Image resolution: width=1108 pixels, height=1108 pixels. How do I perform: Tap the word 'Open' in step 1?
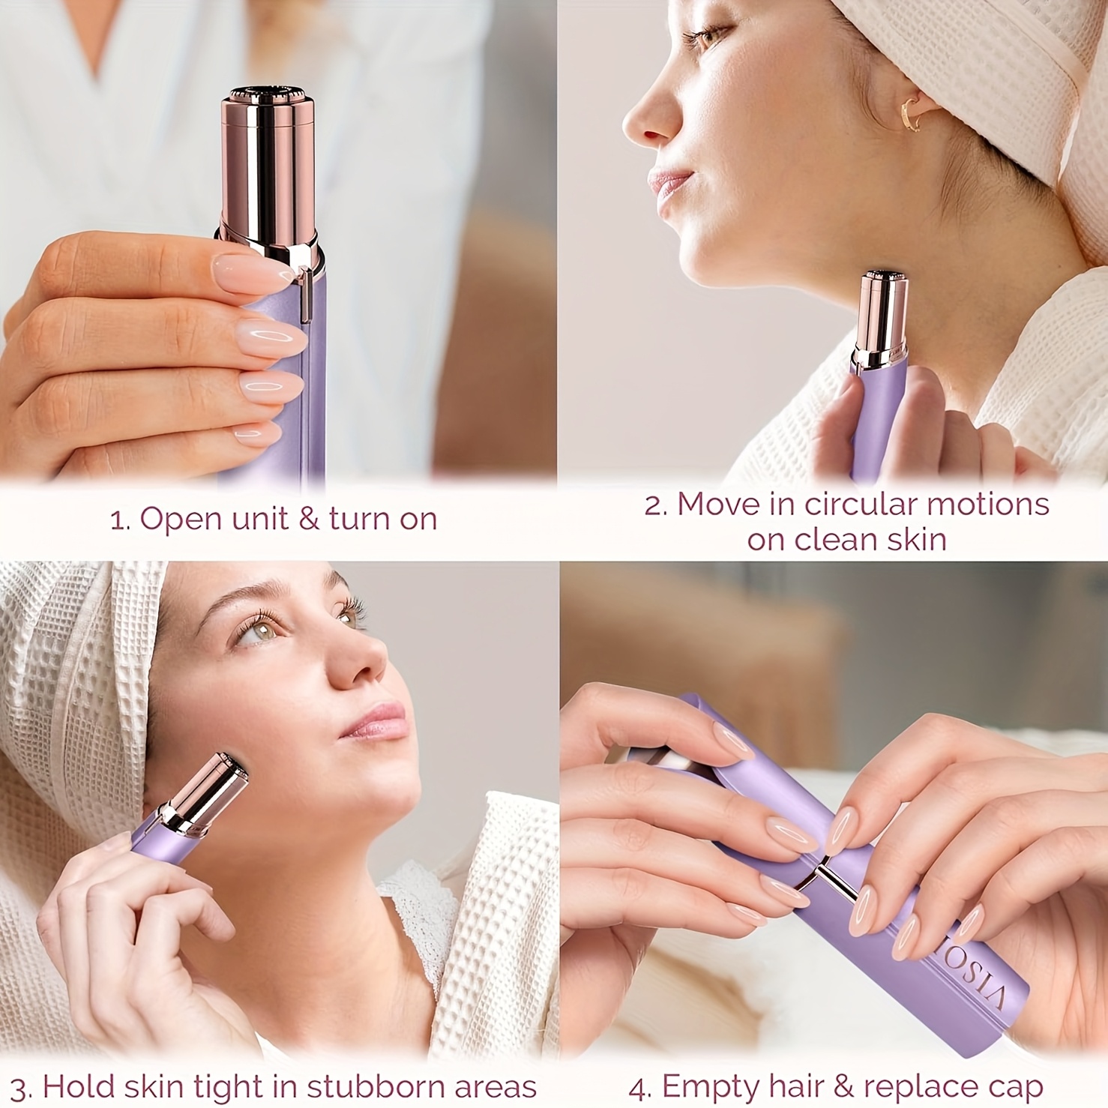[x=176, y=520]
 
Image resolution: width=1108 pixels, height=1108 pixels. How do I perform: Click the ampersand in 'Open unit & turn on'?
[x=308, y=519]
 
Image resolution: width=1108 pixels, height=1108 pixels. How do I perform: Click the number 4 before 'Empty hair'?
[x=639, y=1087]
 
